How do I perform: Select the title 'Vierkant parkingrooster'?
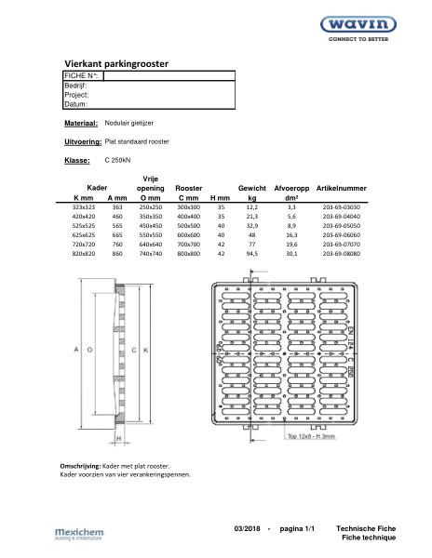click(116, 62)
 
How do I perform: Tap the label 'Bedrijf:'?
click(75, 85)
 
